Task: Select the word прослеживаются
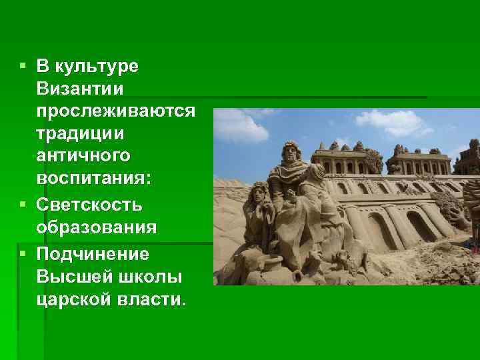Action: click(116, 111)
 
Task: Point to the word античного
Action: click(84, 157)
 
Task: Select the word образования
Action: click(97, 227)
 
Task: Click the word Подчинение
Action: click(93, 253)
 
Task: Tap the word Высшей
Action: click(69, 277)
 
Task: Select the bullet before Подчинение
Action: click(23, 253)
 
